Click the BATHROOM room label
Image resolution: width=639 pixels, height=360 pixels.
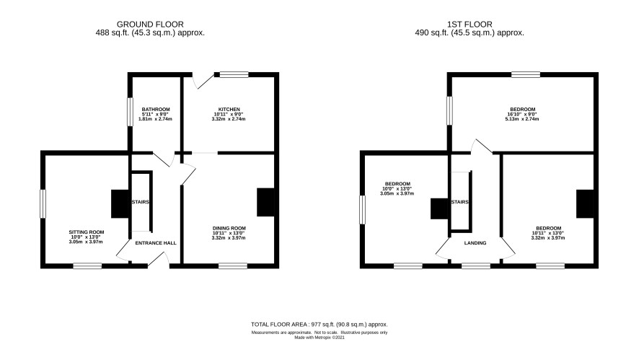[156, 109]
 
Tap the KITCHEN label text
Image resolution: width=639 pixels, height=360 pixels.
[229, 109]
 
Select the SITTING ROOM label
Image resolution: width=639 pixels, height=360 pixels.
[87, 232]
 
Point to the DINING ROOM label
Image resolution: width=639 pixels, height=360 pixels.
[229, 228]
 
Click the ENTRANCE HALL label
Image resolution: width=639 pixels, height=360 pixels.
[156, 243]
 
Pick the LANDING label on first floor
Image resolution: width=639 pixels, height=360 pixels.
[475, 243]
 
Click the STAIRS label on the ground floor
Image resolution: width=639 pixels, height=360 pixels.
[140, 202]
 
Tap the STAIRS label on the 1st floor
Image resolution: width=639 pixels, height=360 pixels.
[459, 202]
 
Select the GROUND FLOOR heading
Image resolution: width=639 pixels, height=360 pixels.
[150, 25]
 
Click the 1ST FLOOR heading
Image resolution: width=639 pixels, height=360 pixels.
[470, 25]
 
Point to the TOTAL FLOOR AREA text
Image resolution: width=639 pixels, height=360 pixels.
[319, 325]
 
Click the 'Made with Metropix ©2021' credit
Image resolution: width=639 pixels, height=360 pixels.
[319, 338]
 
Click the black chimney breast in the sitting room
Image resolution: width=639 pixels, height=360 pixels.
[120, 204]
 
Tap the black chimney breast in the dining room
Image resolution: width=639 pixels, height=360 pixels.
[265, 202]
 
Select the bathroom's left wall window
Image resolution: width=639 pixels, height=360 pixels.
[130, 112]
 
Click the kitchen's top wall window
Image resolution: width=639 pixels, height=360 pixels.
[234, 74]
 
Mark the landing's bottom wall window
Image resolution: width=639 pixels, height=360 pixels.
[476, 266]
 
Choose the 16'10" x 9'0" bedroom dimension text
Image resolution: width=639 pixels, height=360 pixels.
[522, 115]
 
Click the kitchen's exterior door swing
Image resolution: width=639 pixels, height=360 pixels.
[203, 80]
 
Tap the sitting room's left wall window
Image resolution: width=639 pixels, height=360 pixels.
[43, 204]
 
